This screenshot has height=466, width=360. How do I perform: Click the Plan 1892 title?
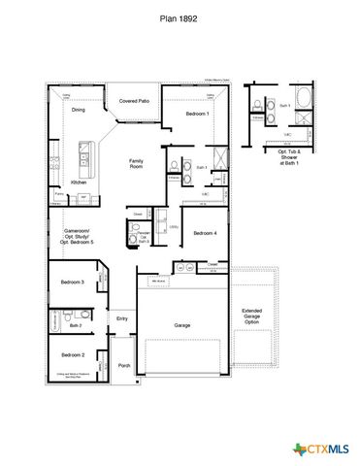pyautogui.click(x=180, y=17)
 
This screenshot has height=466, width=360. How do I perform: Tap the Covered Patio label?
pyautogui.click(x=134, y=101)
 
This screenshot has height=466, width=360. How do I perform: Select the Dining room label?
pyautogui.click(x=79, y=111)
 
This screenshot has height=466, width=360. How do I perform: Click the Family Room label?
pyautogui.click(x=136, y=164)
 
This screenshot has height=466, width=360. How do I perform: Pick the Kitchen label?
pyautogui.click(x=80, y=183)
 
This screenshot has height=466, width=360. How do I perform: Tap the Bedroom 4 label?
pyautogui.click(x=204, y=234)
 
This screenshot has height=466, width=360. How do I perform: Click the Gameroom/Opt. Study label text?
pyautogui.click(x=78, y=236)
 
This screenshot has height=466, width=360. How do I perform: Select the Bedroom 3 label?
pyautogui.click(x=72, y=283)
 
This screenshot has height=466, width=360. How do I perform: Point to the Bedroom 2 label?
pyautogui.click(x=72, y=355)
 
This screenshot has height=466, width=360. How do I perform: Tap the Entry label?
pyautogui.click(x=122, y=318)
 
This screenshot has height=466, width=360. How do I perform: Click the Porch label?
pyautogui.click(x=124, y=366)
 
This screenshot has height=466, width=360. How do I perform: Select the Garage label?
pyautogui.click(x=181, y=325)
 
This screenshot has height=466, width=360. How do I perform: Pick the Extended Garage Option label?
pyautogui.click(x=251, y=317)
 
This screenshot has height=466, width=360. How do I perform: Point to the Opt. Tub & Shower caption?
pyautogui.click(x=290, y=157)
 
